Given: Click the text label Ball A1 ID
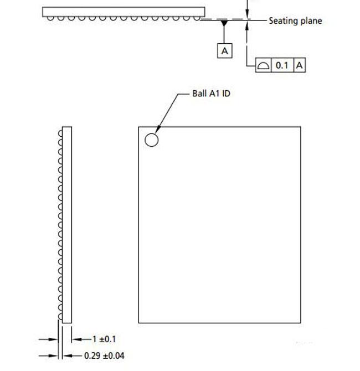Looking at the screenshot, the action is click(x=211, y=94).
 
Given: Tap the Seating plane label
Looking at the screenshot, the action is click(x=295, y=21).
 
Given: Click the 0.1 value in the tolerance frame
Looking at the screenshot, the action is click(x=282, y=65).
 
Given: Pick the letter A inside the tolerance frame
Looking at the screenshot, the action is click(x=300, y=65).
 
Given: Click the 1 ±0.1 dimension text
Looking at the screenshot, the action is click(x=104, y=339).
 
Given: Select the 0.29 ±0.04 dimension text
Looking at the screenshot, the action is click(x=104, y=355).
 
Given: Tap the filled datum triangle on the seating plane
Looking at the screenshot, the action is click(x=224, y=23).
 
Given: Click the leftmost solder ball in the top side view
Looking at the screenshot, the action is click(x=50, y=18).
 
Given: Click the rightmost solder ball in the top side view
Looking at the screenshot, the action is click(x=197, y=18).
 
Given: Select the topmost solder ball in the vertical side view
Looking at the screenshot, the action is click(x=60, y=133).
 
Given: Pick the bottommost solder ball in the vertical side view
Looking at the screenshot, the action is click(x=60, y=317).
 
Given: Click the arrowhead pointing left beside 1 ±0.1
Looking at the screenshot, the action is click(x=76, y=339).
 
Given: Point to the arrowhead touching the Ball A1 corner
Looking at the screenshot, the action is click(x=158, y=130).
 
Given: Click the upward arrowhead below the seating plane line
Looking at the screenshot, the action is click(x=247, y=25).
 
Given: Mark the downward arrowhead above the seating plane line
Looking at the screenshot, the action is click(x=247, y=14).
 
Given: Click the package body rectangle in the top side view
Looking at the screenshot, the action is click(x=124, y=12).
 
